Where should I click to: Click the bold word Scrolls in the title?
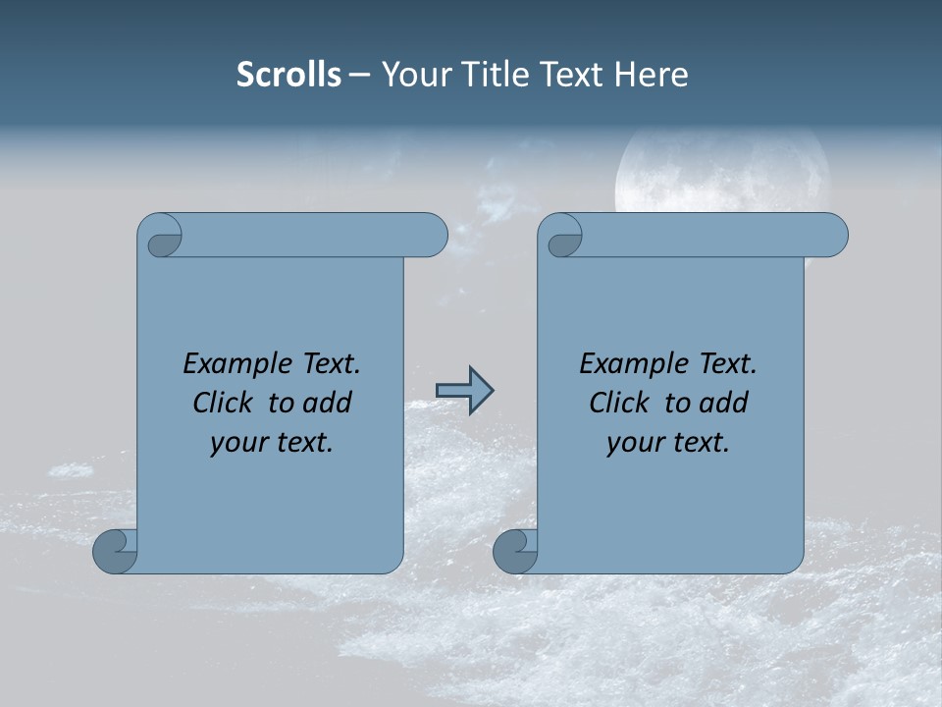point(288,75)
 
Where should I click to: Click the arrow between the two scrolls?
point(464,391)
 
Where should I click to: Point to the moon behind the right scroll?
point(721,172)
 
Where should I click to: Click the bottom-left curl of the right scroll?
point(514,551)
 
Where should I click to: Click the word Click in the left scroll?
point(225,403)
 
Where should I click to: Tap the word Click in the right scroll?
point(621,403)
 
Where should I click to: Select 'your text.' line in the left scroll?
point(272,443)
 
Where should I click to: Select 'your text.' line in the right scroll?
point(668,443)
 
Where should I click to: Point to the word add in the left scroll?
point(326,403)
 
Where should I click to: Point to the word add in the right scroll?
point(722,403)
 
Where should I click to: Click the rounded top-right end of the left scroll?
point(432,236)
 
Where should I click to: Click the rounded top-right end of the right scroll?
point(832,236)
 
